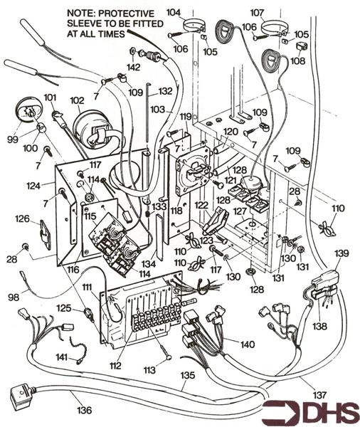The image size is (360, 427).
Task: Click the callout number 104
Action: pyautogui.click(x=174, y=13)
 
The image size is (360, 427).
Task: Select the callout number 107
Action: pyautogui.click(x=257, y=13)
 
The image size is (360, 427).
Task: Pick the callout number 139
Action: pyautogui.click(x=342, y=253)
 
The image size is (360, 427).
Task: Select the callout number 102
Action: pyautogui.click(x=77, y=100)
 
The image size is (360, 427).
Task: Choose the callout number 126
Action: pyautogui.click(x=23, y=218)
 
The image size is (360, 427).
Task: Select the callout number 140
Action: pyautogui.click(x=248, y=344)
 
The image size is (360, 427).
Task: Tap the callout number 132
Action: pyautogui.click(x=165, y=91)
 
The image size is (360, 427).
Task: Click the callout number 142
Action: pyautogui.click(x=133, y=68)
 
